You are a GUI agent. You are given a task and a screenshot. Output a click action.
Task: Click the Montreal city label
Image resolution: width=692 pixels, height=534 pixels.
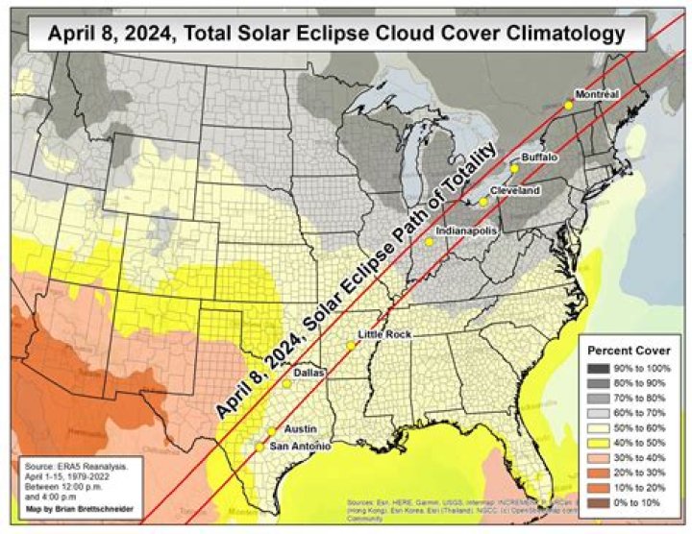point(596,93)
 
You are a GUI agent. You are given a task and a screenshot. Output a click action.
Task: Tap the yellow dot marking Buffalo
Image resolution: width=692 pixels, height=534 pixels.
point(514,168)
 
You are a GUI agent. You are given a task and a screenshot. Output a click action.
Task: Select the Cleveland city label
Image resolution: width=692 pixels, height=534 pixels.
point(514,191)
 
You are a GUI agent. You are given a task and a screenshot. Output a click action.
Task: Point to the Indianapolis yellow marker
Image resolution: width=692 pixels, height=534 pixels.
point(430,242)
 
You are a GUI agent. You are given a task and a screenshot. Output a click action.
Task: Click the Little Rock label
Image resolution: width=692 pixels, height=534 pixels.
point(384,333)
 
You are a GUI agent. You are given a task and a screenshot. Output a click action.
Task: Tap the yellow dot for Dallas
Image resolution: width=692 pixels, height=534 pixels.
point(286,384)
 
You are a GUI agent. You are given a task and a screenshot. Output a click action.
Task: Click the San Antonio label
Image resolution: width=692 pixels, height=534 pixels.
point(301,447)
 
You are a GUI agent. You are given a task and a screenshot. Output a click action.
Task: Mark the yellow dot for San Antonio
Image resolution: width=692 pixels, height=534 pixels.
point(259,447)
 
